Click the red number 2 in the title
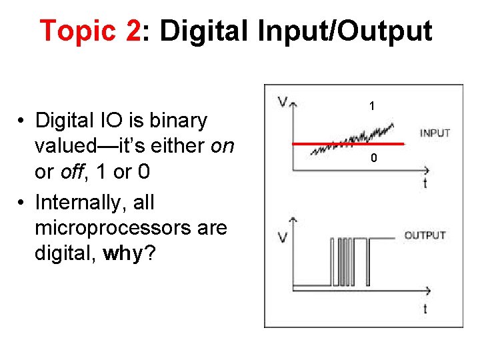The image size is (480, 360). (133, 31)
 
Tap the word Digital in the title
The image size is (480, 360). (197, 31)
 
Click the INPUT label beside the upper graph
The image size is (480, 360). (435, 133)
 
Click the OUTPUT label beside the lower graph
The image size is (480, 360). (425, 235)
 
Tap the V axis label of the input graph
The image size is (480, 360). (283, 102)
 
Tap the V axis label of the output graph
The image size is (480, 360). (283, 237)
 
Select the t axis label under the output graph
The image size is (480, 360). (425, 308)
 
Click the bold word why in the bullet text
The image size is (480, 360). (123, 254)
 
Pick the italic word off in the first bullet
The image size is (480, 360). (71, 172)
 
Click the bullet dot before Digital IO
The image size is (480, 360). (22, 121)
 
